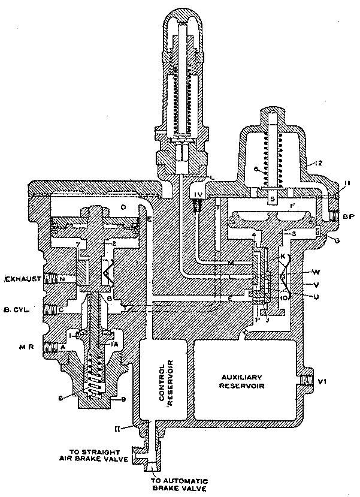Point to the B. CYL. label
pos(20,311)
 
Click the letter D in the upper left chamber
pos(123,206)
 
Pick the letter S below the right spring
pos(271,199)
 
